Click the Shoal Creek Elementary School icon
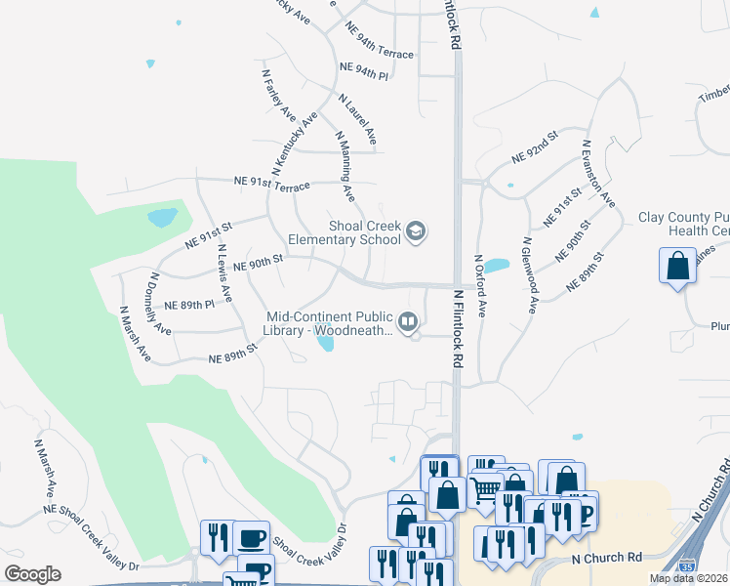click(x=416, y=230)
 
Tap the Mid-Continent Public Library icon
click(x=408, y=319)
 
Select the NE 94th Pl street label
click(x=364, y=70)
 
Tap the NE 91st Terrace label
click(x=271, y=184)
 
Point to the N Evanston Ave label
click(x=597, y=172)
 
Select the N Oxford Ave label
click(x=479, y=286)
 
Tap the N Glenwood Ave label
click(x=529, y=275)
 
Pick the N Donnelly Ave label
click(x=160, y=304)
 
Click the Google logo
click(x=32, y=574)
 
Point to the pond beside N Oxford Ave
click(x=497, y=266)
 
